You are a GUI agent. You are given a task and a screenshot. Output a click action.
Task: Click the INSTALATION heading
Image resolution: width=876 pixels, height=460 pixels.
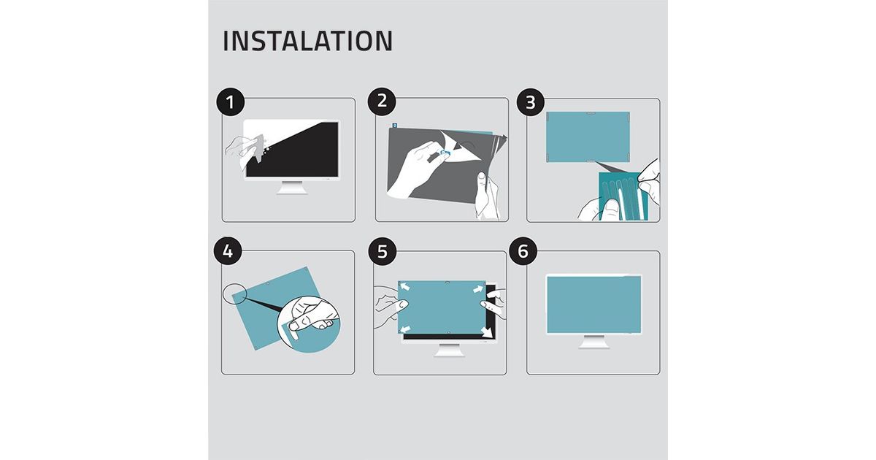pyautogui.click(x=307, y=41)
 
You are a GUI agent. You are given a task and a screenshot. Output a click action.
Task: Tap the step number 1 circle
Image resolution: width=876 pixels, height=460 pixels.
pyautogui.click(x=231, y=101)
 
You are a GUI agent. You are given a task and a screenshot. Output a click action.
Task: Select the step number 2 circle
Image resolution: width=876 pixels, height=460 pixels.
pyautogui.click(x=382, y=101)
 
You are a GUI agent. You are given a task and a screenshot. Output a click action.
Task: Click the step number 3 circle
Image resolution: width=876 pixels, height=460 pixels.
pyautogui.click(x=531, y=102)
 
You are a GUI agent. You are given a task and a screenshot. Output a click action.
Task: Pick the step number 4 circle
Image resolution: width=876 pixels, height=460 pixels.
pyautogui.click(x=228, y=250)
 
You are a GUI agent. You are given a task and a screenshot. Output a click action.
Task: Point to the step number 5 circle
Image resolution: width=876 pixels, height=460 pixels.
pyautogui.click(x=382, y=251)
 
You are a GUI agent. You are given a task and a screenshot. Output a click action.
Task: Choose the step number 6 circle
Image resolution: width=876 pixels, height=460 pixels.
pyautogui.click(x=523, y=250)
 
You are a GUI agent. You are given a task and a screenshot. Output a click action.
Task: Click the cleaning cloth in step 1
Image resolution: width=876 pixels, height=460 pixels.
pyautogui.click(x=255, y=149)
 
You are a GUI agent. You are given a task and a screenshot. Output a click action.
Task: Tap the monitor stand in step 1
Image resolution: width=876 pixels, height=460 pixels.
pyautogui.click(x=292, y=188)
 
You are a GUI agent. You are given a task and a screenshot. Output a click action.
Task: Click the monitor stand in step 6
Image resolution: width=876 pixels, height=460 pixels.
pyautogui.click(x=593, y=342)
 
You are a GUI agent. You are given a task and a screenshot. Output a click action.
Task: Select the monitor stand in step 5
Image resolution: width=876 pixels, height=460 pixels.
pyautogui.click(x=450, y=350)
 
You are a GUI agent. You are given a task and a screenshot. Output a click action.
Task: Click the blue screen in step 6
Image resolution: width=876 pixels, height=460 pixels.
pyautogui.click(x=593, y=304)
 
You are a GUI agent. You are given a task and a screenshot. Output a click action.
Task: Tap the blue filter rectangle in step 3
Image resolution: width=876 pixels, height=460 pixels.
pyautogui.click(x=588, y=137)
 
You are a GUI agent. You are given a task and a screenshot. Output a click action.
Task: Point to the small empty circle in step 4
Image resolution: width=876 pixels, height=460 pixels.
pyautogui.click(x=235, y=293)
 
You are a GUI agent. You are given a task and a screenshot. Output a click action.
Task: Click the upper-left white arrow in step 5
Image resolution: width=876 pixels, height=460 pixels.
pyautogui.click(x=405, y=287)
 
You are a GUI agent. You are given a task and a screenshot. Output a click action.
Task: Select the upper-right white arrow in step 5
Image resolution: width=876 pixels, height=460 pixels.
pyautogui.click(x=478, y=289)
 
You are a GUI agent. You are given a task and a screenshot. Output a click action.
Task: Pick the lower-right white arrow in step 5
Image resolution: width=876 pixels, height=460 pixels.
pyautogui.click(x=487, y=332)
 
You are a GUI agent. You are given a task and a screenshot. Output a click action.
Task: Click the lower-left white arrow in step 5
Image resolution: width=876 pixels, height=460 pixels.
pyautogui.click(x=405, y=329)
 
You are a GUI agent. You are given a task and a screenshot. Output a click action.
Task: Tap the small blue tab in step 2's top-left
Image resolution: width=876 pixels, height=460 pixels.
pyautogui.click(x=395, y=126)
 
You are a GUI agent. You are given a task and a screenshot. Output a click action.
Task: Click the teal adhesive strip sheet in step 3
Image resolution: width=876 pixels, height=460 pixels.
pyautogui.click(x=623, y=196)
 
